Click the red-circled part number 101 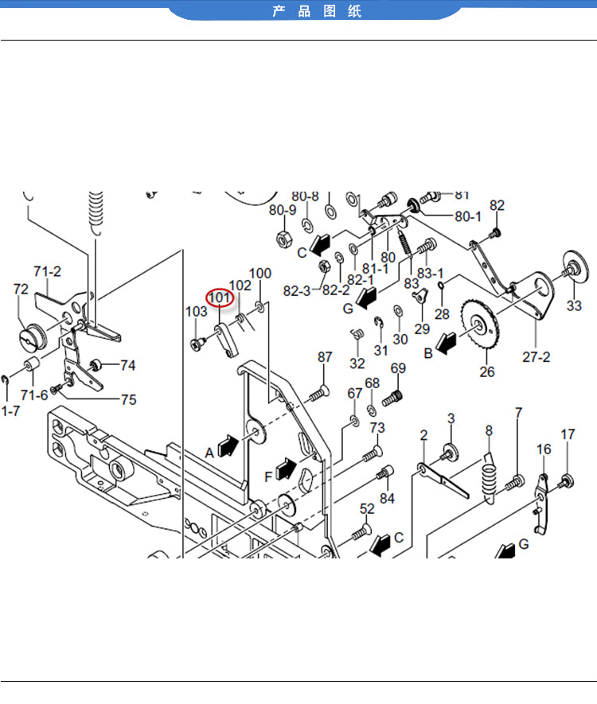point(220,298)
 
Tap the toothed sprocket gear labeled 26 point(479,325)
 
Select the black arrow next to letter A point(228,445)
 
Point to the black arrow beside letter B point(446,343)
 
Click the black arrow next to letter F point(286,469)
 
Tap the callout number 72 point(21,289)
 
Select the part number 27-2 point(536,357)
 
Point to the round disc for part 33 point(576,267)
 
